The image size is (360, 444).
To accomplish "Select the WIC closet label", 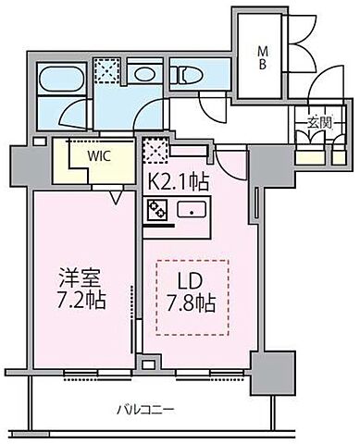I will pos(99,155).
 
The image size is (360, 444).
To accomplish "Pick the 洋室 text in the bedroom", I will pos(79,277).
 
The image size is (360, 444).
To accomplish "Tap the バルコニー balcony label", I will pos(147,408).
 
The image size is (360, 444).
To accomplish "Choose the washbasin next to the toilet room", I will pos(143,73).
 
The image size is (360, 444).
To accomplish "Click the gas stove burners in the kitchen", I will pos(155,210).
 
